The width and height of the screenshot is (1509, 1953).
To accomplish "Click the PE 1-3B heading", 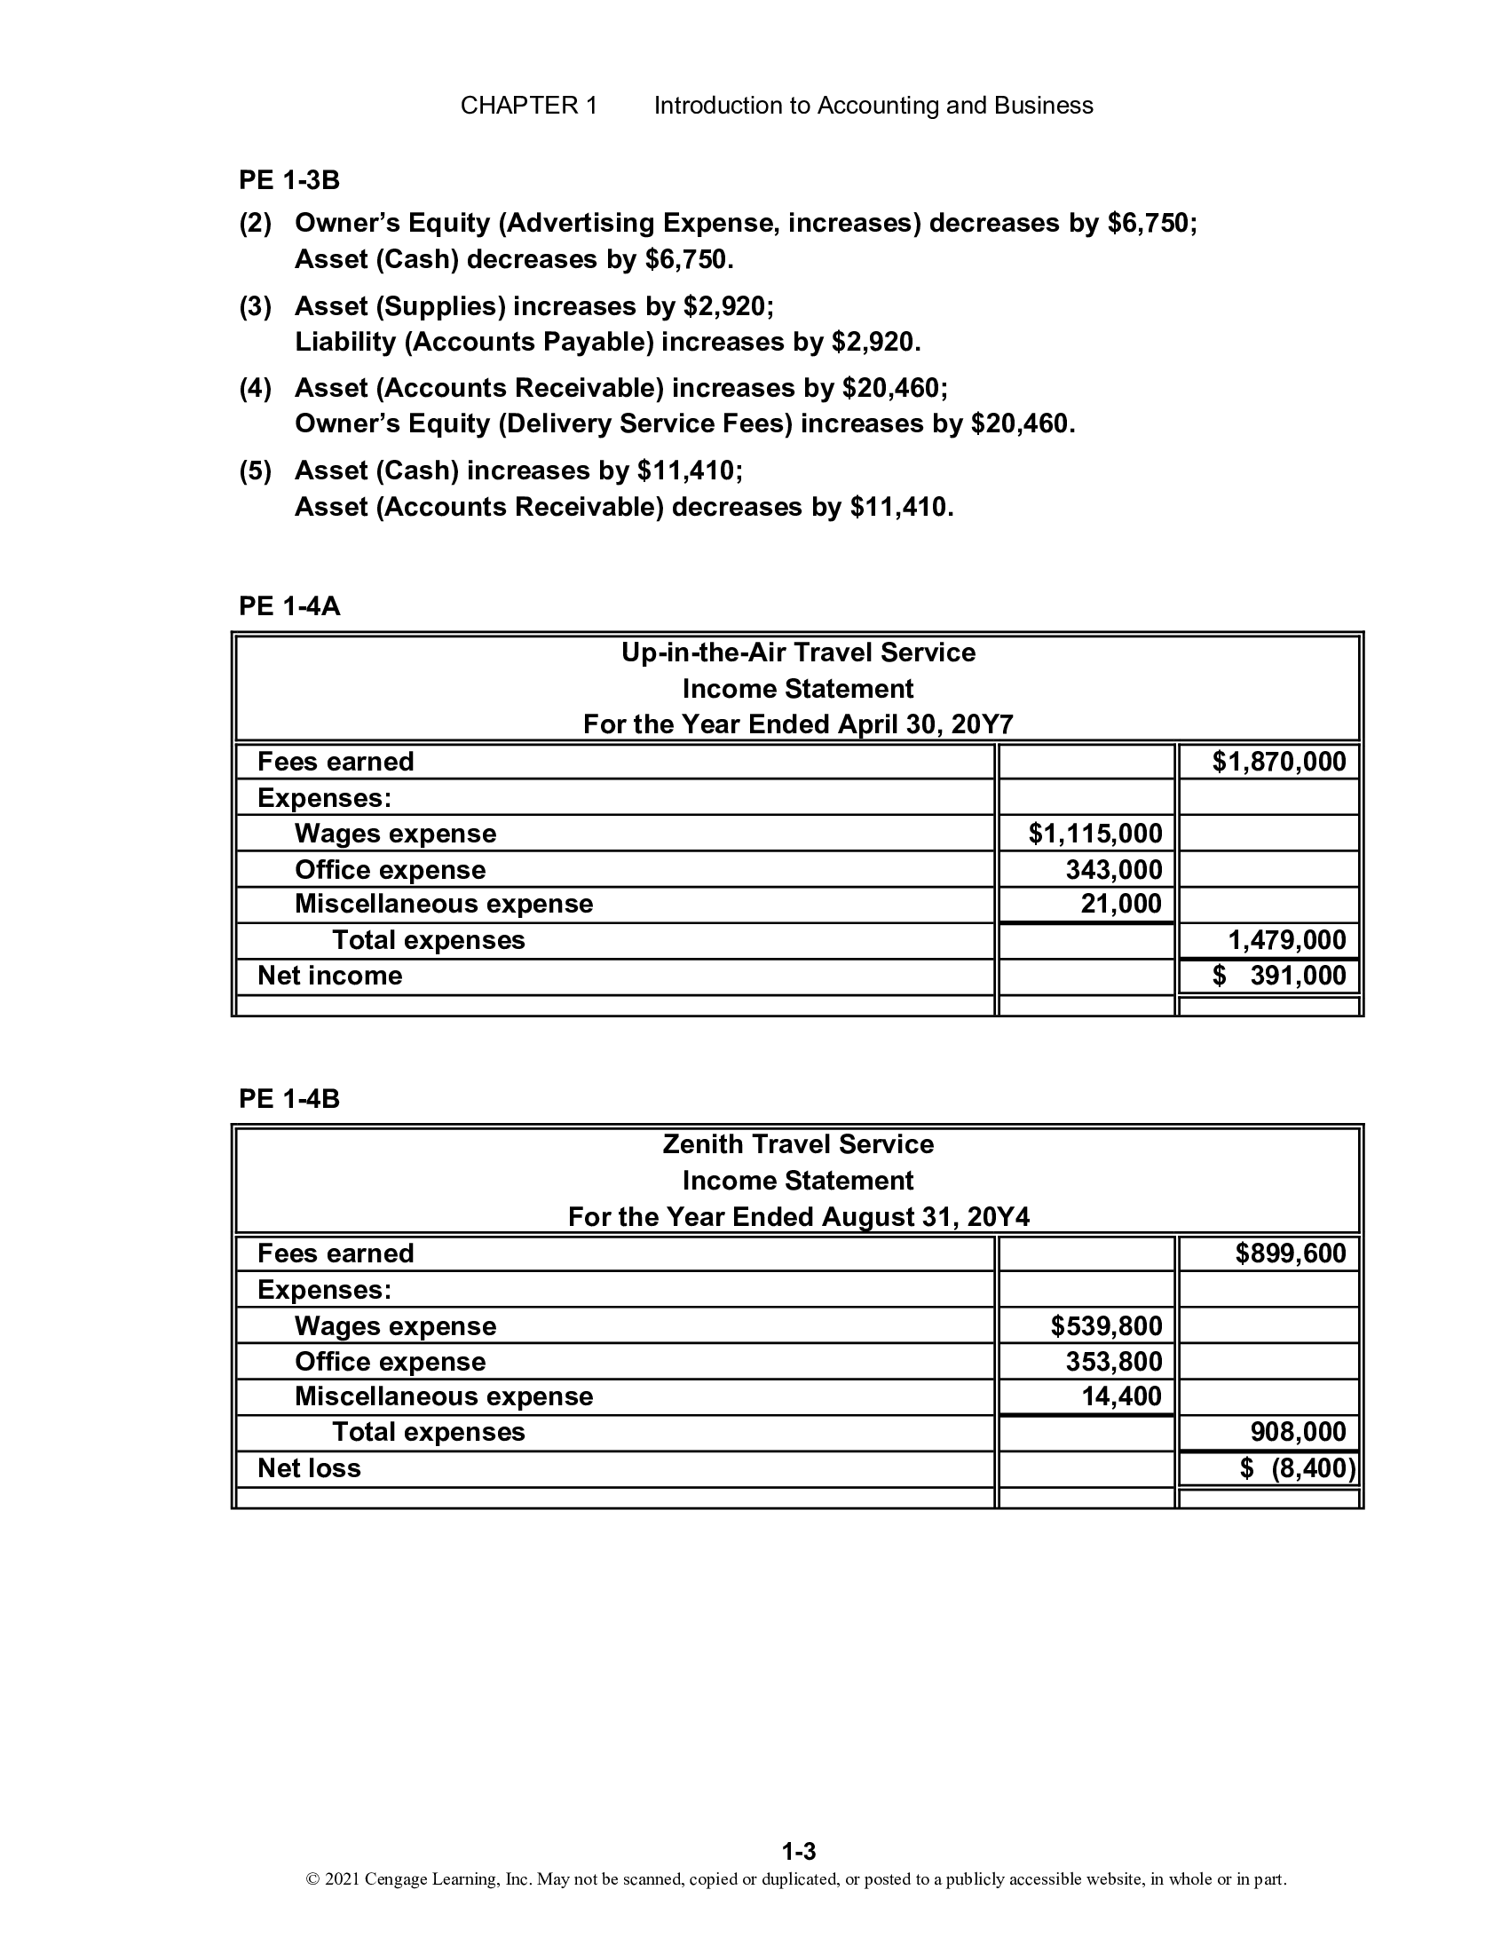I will pos(288,179).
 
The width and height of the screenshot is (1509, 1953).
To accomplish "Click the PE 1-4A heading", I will pos(288,606).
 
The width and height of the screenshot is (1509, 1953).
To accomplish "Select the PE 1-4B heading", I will pos(288,1098).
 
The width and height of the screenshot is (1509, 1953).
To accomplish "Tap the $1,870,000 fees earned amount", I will pos(1278,762).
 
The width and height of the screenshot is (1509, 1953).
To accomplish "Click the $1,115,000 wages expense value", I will pos(1095,834).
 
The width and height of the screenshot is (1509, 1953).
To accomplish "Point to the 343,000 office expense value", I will pos(1113,869).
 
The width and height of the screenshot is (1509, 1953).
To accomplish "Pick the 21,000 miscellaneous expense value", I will pos(1121,904).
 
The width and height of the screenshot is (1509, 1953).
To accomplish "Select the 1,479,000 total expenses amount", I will pos(1286,940).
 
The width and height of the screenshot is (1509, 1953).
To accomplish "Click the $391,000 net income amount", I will pos(1278,976).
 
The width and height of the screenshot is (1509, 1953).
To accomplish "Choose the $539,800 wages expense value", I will pos(1106,1325).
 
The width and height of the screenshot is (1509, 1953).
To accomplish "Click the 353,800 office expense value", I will pos(1113,1361).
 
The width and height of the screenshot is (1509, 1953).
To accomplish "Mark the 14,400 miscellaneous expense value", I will pos(1121,1396).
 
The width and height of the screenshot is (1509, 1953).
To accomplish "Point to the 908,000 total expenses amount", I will pos(1297,1432).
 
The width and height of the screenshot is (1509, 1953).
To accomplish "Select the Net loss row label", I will pos(309,1468).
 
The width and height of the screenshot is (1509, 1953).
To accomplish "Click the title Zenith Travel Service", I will pos(797,1144).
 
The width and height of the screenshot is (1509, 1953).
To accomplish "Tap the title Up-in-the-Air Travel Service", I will pos(797,652).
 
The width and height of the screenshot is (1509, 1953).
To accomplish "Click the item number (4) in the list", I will pos(255,388).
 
